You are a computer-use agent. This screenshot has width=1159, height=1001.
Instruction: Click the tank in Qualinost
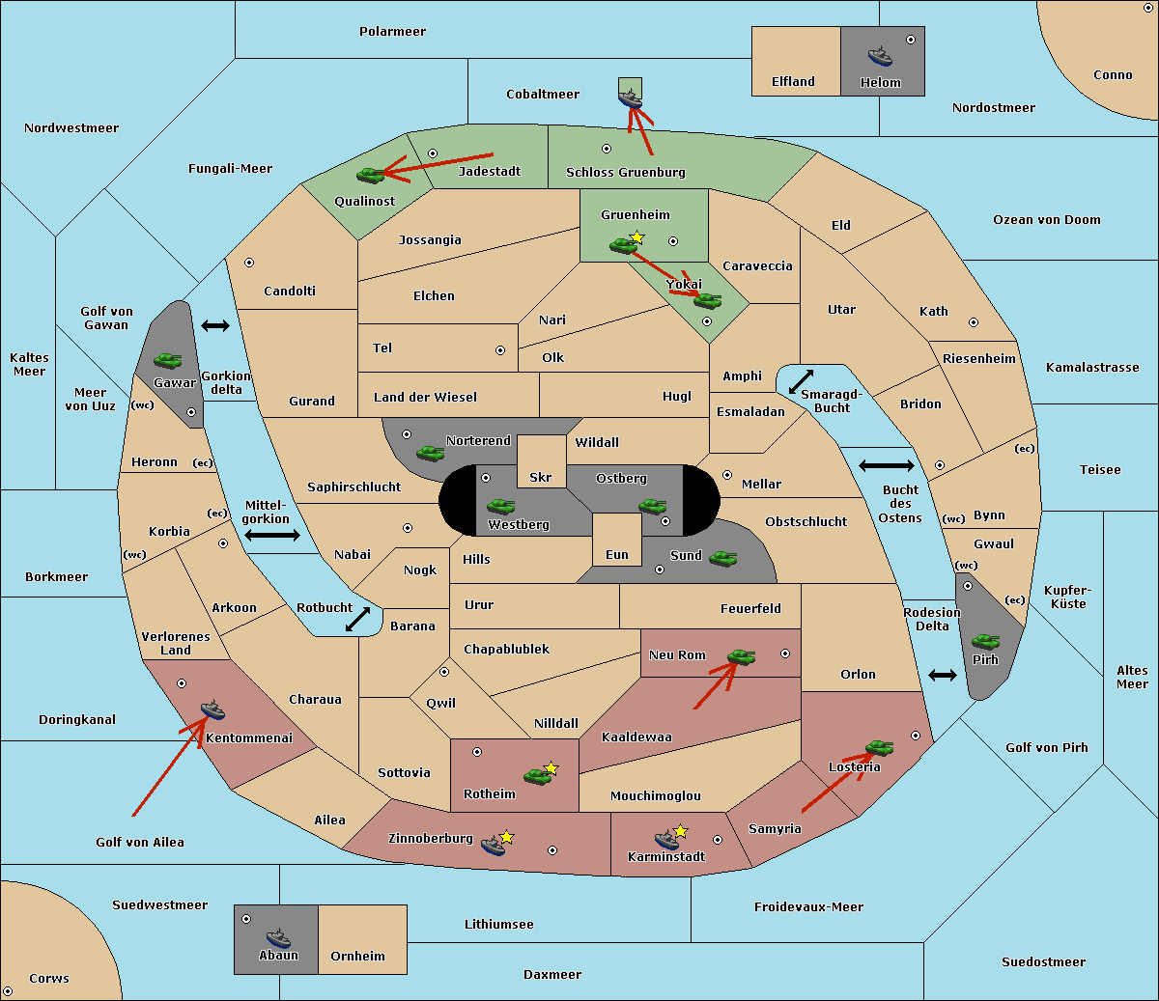point(370,175)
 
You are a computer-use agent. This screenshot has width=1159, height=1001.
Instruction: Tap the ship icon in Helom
point(880,56)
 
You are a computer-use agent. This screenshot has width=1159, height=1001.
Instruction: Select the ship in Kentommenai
point(212,709)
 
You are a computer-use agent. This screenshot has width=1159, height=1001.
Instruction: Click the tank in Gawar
point(167,360)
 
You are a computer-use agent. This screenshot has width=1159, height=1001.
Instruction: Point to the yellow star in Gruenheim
point(637,237)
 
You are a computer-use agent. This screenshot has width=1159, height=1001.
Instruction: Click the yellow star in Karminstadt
point(680,830)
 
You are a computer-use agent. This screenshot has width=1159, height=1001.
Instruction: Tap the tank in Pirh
point(985,641)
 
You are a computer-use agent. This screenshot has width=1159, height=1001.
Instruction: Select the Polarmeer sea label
point(392,32)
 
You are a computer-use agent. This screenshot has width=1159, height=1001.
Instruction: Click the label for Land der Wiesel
point(425,398)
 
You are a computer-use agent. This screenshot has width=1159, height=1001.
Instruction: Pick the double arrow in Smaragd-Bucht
point(801,381)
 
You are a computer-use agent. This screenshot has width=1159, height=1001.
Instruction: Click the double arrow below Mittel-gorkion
point(272,536)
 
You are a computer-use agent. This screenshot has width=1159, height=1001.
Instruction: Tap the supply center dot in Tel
point(500,350)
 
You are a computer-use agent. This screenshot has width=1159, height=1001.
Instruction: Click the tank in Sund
point(722,558)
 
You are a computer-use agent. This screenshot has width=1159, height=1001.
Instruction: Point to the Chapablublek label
point(506,649)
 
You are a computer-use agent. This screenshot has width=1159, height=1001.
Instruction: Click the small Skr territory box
point(541,461)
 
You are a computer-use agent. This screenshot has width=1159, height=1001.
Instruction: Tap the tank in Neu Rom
point(741,656)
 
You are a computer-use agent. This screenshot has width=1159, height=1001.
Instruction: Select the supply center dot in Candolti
point(249,263)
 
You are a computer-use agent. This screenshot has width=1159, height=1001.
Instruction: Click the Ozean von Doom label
point(1046,220)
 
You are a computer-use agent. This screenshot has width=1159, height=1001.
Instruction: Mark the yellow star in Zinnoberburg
point(506,837)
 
